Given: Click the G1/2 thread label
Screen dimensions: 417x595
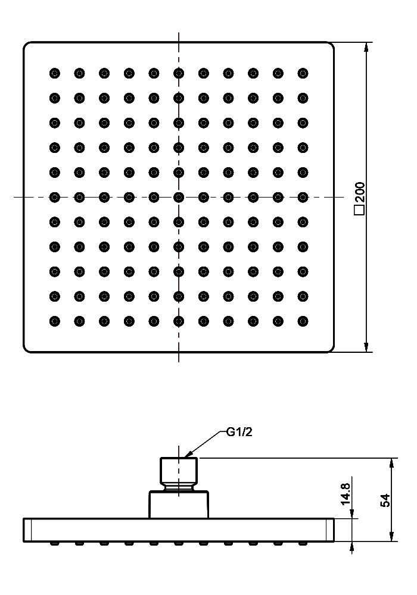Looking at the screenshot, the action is coord(239,432).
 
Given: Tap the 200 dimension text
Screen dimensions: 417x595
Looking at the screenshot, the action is coord(360,192).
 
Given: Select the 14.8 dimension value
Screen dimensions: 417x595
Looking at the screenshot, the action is coord(346,494).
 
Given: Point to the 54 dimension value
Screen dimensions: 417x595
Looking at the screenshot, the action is coord(385,500).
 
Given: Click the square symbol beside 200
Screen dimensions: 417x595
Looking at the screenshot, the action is coord(360,210).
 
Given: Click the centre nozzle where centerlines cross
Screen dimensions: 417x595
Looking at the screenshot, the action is coord(179,198).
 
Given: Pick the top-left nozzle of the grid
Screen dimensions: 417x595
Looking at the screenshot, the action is coord(55,73).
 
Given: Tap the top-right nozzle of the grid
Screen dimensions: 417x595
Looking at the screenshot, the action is coord(303,73).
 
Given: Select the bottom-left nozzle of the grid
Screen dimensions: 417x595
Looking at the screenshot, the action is coord(55,321).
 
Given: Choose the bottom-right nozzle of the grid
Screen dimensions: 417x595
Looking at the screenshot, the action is coord(303,321).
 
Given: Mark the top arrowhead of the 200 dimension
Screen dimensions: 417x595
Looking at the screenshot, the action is coord(366,48).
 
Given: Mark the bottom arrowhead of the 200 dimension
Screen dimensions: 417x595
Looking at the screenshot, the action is coord(366,347).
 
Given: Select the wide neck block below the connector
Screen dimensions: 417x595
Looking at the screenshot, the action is coord(179,505).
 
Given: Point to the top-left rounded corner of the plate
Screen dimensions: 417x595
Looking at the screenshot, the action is coord(26,45).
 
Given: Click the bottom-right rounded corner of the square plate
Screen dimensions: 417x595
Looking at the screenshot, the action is coord(332,350).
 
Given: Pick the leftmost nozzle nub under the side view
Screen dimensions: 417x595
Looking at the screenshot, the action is coord(55,543).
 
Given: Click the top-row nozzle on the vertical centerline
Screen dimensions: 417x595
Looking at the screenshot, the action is coord(179,73).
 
